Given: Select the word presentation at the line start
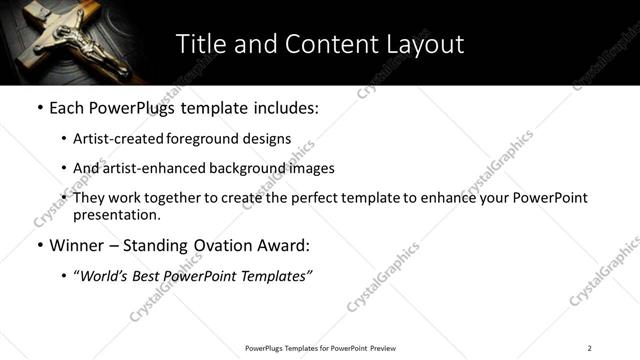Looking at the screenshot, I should pyautogui.click(x=116, y=214).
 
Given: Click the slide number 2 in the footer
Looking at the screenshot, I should pyautogui.click(x=589, y=348).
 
